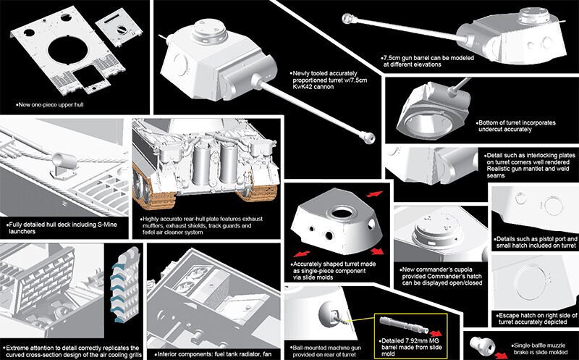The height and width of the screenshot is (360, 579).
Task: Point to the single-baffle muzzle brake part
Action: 480,343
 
